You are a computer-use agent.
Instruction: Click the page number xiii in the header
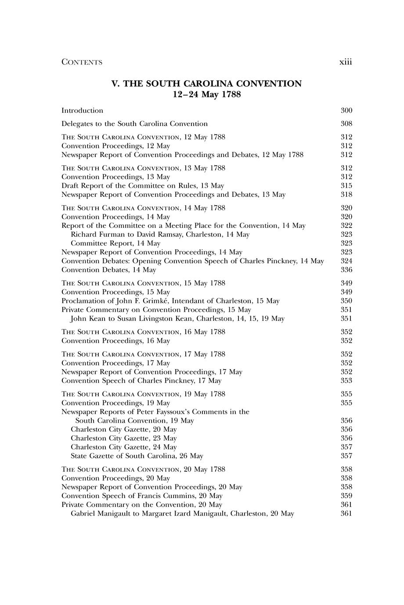(346, 62)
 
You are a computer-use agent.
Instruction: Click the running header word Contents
(82, 62)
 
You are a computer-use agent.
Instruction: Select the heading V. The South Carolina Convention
(206, 83)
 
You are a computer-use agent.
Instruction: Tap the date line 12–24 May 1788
(206, 94)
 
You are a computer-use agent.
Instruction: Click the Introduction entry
(82, 110)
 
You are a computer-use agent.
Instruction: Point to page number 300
(346, 110)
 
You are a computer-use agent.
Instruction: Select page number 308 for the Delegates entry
(346, 124)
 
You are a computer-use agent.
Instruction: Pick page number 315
(346, 185)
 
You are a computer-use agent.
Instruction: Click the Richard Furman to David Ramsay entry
(160, 234)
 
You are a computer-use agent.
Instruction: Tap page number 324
(346, 261)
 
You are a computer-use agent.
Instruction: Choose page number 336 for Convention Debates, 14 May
(346, 270)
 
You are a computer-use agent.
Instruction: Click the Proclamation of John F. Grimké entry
(170, 301)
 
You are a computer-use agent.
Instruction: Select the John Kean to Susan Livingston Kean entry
(177, 318)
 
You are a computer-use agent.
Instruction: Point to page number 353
(346, 381)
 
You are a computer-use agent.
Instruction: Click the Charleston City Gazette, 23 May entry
(124, 438)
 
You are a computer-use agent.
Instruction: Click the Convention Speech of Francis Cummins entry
(142, 495)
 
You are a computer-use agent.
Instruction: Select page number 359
(346, 495)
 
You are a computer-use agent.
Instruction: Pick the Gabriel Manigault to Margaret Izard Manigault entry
(182, 513)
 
